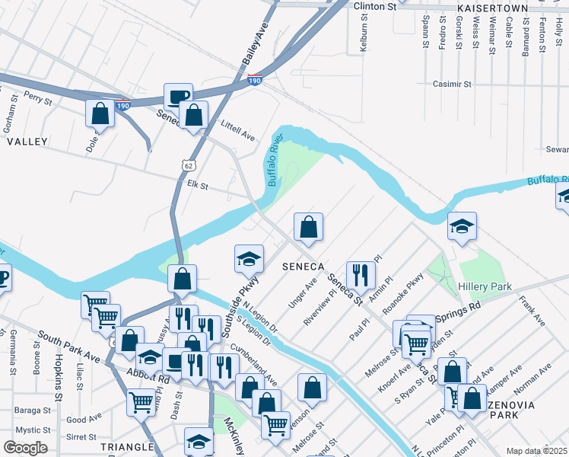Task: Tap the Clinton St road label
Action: point(376,6)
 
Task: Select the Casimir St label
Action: point(453,85)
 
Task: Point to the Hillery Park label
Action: point(485,286)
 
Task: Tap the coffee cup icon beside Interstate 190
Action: point(178,97)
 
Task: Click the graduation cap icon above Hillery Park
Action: point(462,226)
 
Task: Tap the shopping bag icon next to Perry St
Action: point(100,113)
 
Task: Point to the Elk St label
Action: point(198,184)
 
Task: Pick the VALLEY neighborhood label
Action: point(27,142)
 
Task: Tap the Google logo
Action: point(25,448)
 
